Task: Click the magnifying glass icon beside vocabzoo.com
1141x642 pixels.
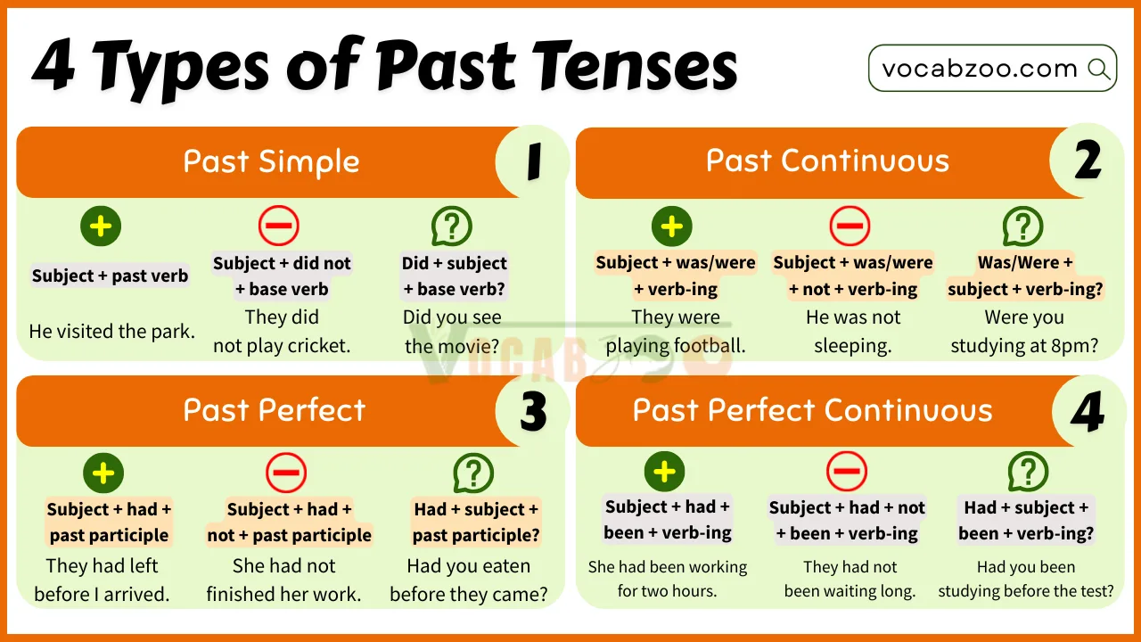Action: click(1099, 69)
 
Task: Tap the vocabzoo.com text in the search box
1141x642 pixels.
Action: click(980, 69)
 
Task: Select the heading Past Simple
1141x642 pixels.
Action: click(271, 161)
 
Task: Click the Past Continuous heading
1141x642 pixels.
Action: click(827, 160)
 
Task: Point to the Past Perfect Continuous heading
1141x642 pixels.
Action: click(812, 410)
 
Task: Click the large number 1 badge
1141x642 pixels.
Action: click(533, 162)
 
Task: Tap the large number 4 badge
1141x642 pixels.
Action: click(1088, 412)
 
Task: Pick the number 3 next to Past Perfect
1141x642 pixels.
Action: click(533, 412)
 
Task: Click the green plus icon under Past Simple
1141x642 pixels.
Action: click(101, 226)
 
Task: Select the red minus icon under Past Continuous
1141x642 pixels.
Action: click(849, 226)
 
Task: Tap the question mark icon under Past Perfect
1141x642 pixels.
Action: click(473, 473)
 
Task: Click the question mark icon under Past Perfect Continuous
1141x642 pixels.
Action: click(1027, 471)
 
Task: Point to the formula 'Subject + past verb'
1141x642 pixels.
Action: click(110, 276)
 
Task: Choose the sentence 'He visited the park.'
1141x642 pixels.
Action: click(111, 332)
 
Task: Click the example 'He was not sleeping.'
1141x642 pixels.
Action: click(852, 331)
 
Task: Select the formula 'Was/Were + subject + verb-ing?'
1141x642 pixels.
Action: click(1025, 276)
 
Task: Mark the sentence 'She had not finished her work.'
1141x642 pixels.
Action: click(283, 580)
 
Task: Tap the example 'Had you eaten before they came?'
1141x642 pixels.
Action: click(469, 580)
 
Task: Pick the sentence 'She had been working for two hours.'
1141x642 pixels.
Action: click(668, 579)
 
